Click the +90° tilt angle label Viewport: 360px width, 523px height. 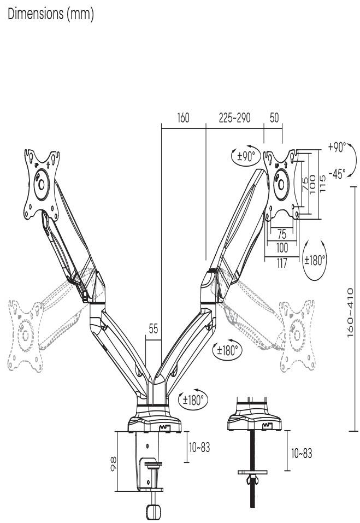pos(337,147)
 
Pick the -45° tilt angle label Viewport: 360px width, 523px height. pos(337,174)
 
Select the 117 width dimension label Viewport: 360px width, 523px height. pos(281,262)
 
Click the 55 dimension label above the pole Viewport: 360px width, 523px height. pos(154,330)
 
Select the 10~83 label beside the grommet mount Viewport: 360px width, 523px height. pos(300,453)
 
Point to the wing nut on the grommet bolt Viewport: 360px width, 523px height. pos(252,480)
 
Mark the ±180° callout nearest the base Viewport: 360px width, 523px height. pos(194,399)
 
